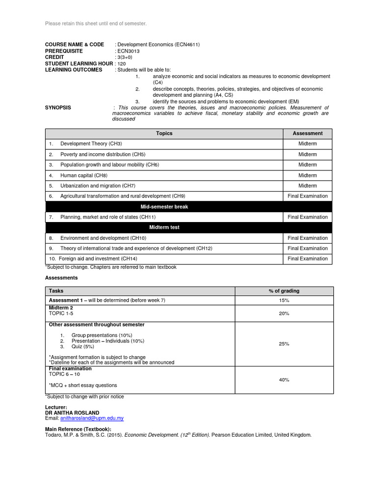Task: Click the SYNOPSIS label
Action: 58,108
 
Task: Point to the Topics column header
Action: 164,133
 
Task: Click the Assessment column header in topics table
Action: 307,133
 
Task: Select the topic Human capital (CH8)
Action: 83,175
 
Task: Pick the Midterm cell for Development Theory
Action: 307,143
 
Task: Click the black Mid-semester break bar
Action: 164,207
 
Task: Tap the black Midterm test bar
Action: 164,227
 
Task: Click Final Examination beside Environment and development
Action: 307,238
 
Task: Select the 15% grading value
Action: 284,300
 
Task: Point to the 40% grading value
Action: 284,380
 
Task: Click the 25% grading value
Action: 284,344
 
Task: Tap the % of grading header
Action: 284,291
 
